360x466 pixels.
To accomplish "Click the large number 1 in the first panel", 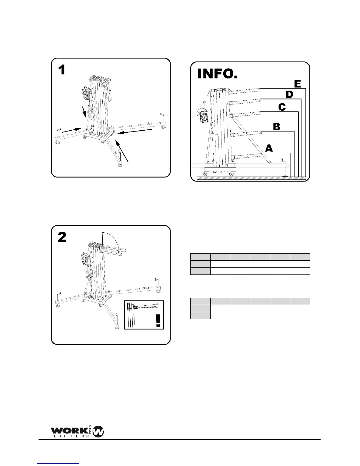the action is point(61,70).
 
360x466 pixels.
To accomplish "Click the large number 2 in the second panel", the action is point(62,237).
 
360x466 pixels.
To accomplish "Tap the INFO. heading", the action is point(217,74).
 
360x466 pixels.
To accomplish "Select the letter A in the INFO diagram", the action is point(269,148).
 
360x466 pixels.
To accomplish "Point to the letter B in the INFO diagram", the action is point(276,127).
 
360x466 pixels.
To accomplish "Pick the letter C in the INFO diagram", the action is point(282,107).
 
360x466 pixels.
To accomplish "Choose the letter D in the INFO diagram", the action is point(289,94).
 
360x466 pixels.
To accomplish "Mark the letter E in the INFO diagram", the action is point(297,84).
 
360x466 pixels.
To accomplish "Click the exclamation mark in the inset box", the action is point(158,320).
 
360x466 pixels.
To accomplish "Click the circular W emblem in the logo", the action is point(98,432).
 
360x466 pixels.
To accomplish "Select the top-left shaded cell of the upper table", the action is point(200,257).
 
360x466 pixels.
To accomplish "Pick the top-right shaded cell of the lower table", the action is point(300,301).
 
